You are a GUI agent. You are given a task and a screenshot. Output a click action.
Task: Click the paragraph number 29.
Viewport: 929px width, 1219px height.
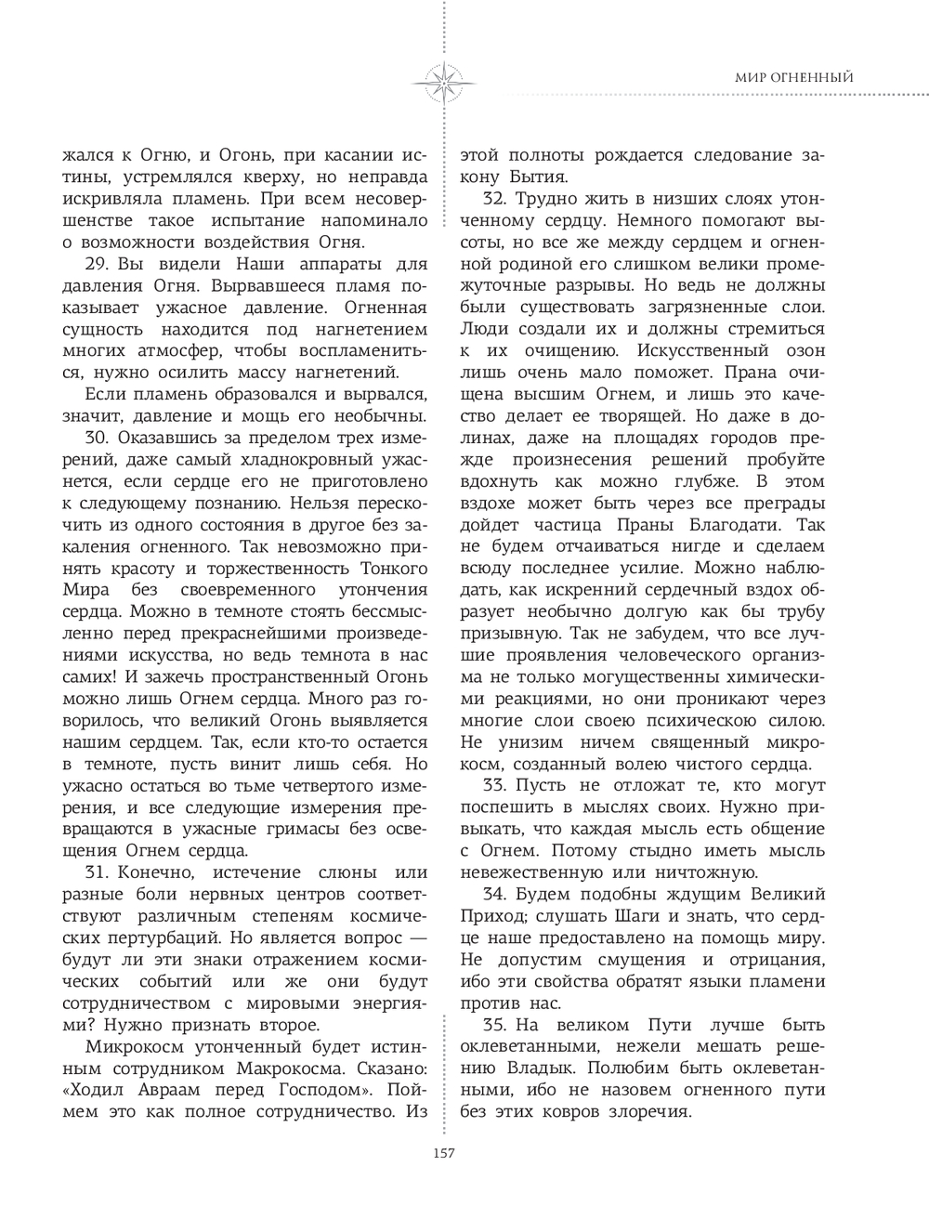point(94,262)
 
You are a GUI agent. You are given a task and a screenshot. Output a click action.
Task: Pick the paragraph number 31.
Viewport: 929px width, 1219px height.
point(93,872)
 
